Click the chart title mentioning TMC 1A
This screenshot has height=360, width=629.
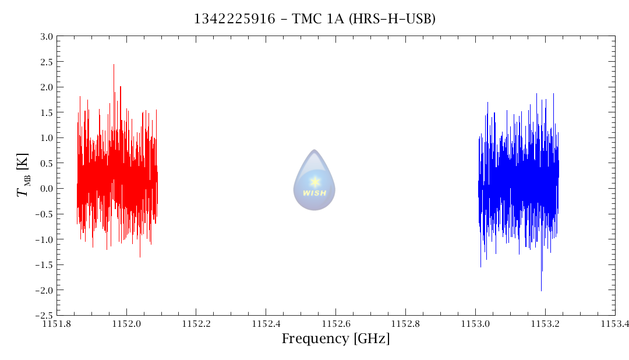pos(314,19)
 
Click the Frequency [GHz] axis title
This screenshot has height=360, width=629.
pos(335,338)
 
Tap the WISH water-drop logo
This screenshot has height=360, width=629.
pos(314,181)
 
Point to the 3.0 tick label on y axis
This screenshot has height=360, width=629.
pos(47,37)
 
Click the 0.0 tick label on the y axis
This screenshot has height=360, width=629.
pos(47,189)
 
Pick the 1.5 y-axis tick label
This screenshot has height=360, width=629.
pos(47,112)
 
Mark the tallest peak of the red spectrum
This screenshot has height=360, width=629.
pos(114,65)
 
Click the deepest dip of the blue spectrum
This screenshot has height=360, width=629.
pos(541,290)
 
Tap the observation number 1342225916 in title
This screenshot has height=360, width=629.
pos(234,19)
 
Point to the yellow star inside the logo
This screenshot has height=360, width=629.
pos(315,181)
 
